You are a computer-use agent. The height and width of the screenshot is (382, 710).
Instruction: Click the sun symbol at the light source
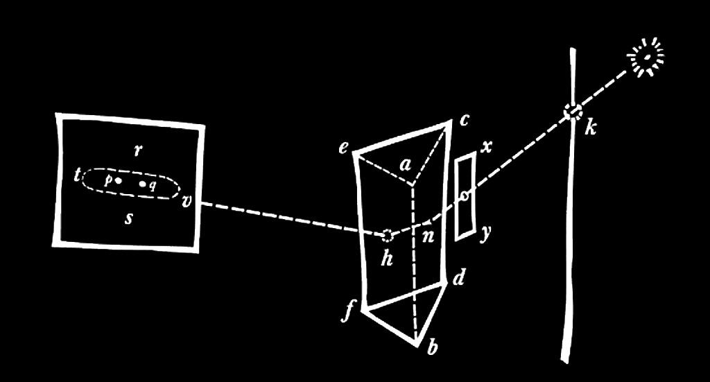[x=647, y=55]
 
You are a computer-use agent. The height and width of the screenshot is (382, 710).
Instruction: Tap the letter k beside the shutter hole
[x=590, y=127]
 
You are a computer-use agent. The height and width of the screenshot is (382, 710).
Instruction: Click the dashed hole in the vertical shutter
[x=573, y=112]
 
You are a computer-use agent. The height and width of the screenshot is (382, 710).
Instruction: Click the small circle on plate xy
[x=465, y=196]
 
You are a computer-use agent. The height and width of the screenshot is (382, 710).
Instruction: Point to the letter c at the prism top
[x=463, y=121]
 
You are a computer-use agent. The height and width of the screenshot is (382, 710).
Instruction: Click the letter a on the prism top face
[x=406, y=165]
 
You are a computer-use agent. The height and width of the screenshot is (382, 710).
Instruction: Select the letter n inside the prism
[x=427, y=236]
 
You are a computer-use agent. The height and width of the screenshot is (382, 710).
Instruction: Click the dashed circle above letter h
[x=388, y=234]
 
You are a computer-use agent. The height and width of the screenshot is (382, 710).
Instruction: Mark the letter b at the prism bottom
[x=431, y=348]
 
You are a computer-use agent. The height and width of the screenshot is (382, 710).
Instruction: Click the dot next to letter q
[x=142, y=184]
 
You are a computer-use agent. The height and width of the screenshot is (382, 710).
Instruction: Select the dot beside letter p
[x=119, y=180]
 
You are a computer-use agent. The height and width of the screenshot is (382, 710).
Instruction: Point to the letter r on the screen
[x=138, y=150]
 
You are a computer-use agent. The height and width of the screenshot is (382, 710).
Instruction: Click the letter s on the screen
[x=128, y=219]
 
